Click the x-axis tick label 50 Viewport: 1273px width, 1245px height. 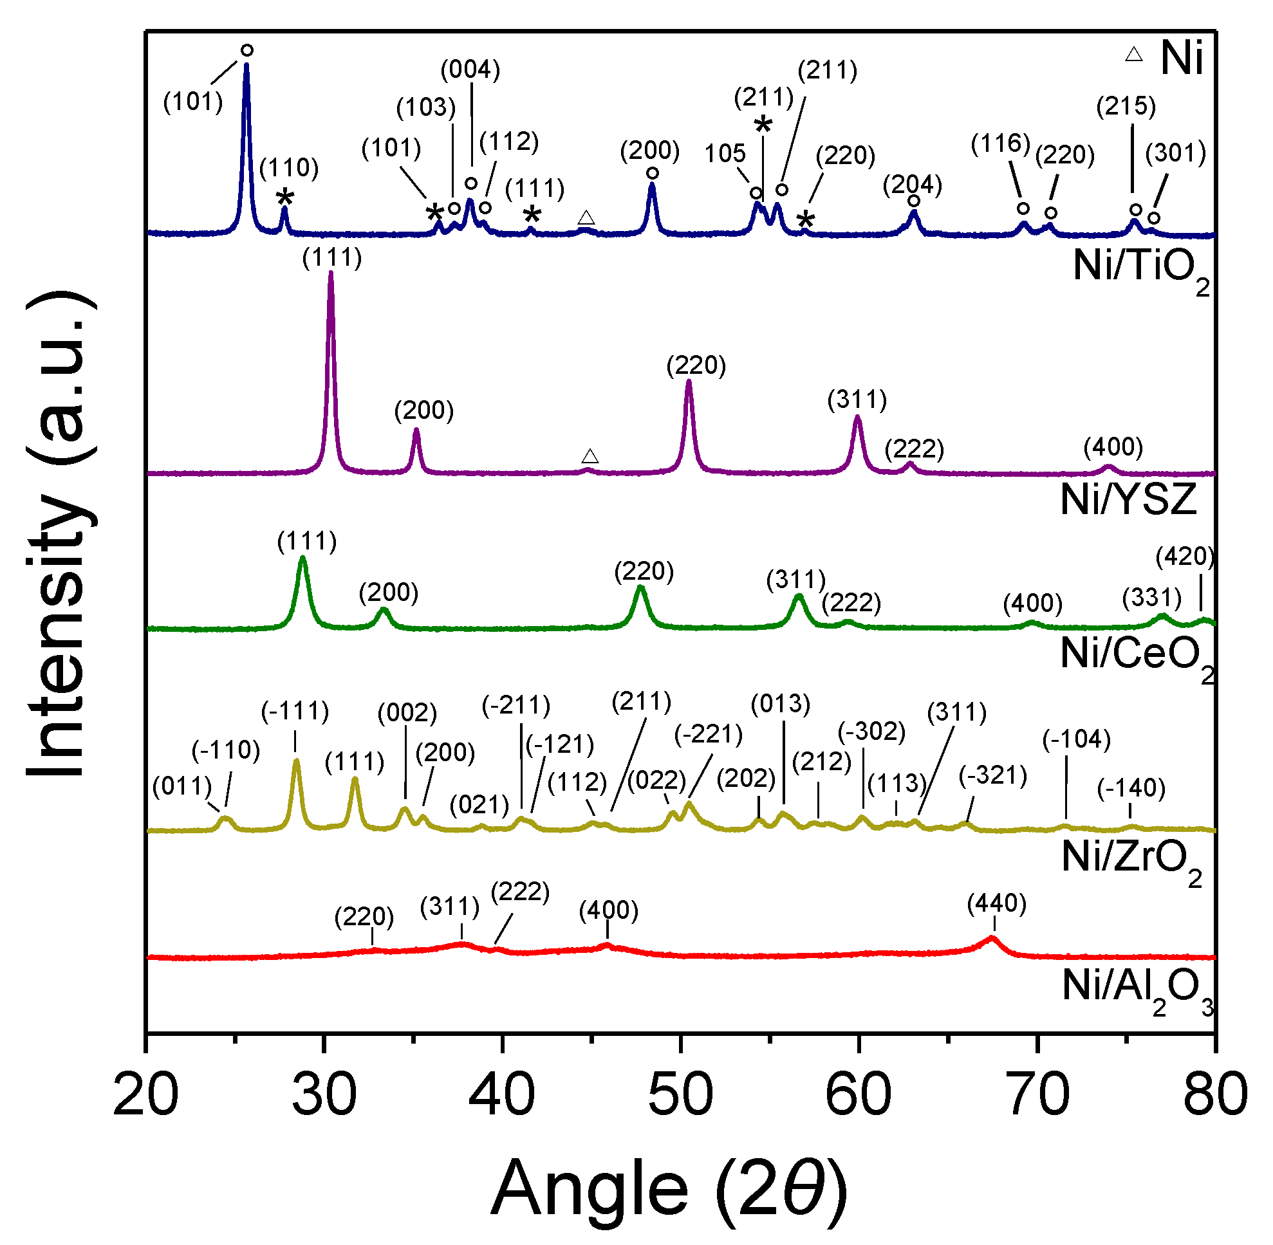pyautogui.click(x=680, y=1095)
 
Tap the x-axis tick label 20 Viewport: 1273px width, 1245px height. pyautogui.click(x=145, y=1095)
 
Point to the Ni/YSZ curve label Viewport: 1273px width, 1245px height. pyautogui.click(x=1128, y=499)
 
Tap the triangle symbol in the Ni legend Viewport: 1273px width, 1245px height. pyautogui.click(x=1133, y=55)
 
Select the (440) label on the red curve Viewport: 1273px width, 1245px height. pyautogui.click(x=996, y=904)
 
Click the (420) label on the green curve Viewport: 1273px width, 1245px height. pyautogui.click(x=1184, y=557)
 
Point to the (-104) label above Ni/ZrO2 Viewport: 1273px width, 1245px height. pyautogui.click(x=1076, y=739)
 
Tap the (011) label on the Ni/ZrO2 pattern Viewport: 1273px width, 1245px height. pyautogui.click(x=182, y=786)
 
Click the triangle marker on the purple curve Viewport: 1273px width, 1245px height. pyautogui.click(x=590, y=456)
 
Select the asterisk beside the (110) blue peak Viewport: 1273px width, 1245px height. pyautogui.click(x=285, y=198)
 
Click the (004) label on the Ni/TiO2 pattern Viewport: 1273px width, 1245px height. pyautogui.click(x=470, y=69)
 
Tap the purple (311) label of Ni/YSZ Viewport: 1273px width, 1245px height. pyautogui.click(x=857, y=400)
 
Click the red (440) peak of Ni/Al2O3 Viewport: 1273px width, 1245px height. pyautogui.click(x=992, y=939)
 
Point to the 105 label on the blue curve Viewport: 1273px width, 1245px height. pyautogui.click(x=725, y=154)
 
